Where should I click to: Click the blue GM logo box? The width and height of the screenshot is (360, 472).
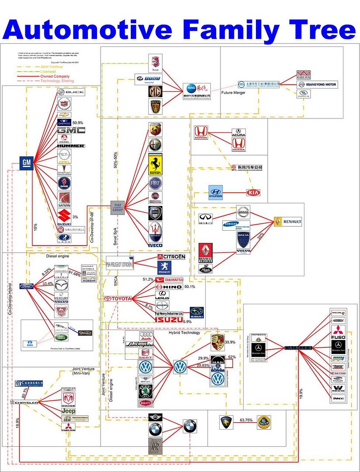(27, 163)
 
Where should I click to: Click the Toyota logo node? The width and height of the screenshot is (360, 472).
(118, 298)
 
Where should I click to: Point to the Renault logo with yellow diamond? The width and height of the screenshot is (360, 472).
(288, 222)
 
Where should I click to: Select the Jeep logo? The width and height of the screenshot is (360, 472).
(68, 411)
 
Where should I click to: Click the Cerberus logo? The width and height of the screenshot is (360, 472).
(29, 383)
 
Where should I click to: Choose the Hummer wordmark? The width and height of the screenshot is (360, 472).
(71, 146)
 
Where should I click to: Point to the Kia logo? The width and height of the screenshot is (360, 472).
(253, 192)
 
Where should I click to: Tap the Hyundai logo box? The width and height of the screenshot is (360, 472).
(216, 192)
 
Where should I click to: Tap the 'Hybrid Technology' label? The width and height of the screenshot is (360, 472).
(184, 333)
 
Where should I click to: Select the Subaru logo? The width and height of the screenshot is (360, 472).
(196, 312)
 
